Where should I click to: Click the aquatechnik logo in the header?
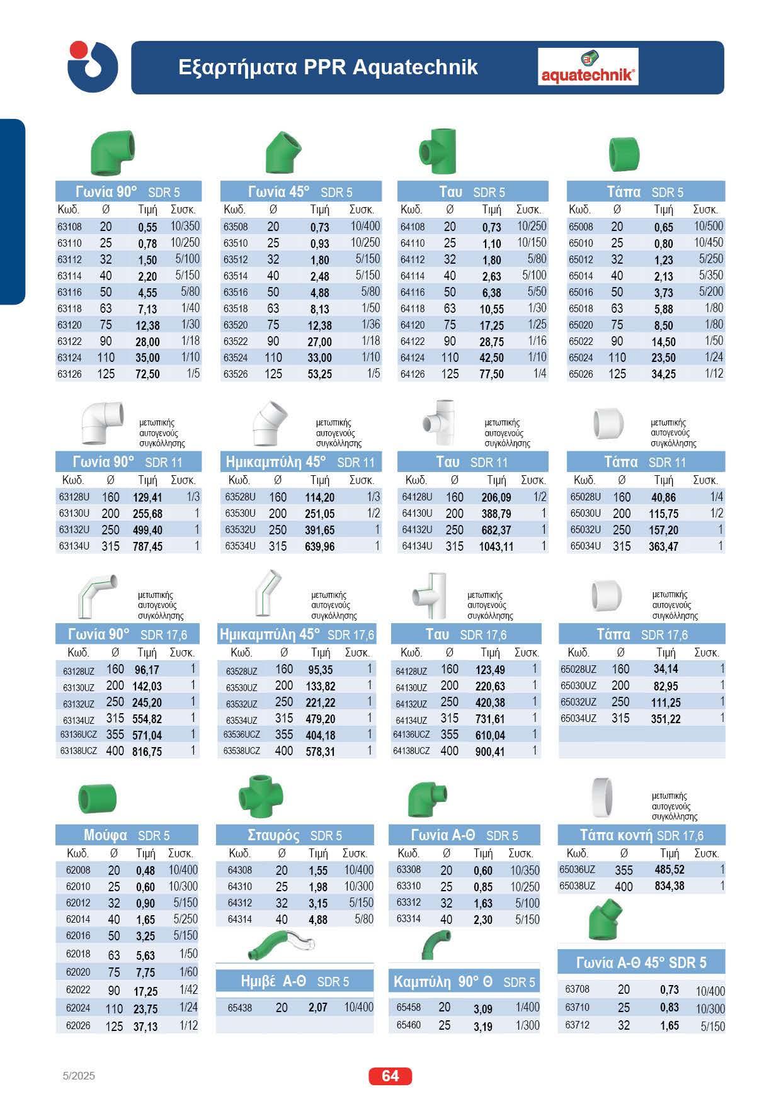pyautogui.click(x=588, y=67)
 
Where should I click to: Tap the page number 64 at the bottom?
pyautogui.click(x=390, y=1076)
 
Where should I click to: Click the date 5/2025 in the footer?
pyautogui.click(x=79, y=1076)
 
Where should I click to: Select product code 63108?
pyautogui.click(x=69, y=227)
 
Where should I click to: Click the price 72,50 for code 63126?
pyautogui.click(x=147, y=374)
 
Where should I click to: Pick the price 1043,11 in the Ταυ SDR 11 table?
pyautogui.click(x=496, y=546)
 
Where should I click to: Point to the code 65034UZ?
pyautogui.click(x=578, y=718)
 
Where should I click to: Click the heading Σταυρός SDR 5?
pyautogui.click(x=295, y=835)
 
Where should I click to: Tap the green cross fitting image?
pyautogui.click(x=261, y=797)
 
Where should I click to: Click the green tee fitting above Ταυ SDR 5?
pyautogui.click(x=438, y=152)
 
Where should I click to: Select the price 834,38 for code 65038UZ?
pyautogui.click(x=670, y=886)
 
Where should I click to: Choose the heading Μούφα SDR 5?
pyautogui.click(x=127, y=835)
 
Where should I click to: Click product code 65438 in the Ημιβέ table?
pyautogui.click(x=239, y=1008)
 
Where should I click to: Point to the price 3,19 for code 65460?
pyautogui.click(x=482, y=1026)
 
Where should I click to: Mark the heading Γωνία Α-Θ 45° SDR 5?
pyautogui.click(x=641, y=962)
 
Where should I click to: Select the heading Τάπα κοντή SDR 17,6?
pyautogui.click(x=641, y=835)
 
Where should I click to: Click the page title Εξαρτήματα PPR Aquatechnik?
pyautogui.click(x=328, y=67)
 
